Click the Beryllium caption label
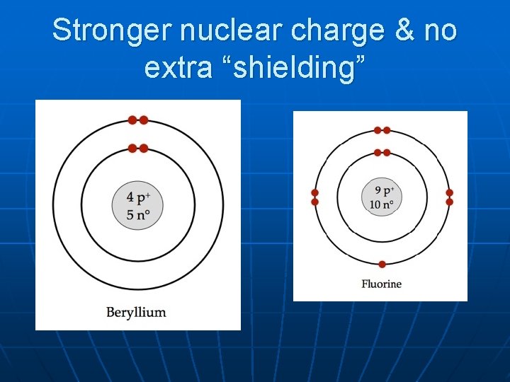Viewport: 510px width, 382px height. (x=136, y=312)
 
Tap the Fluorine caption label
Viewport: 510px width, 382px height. (x=381, y=284)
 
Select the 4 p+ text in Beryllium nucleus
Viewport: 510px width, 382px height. (x=138, y=197)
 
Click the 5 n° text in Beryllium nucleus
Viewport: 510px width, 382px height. (x=138, y=214)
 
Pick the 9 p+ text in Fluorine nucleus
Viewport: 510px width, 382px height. (x=382, y=191)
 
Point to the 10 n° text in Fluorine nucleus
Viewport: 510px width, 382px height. (x=382, y=205)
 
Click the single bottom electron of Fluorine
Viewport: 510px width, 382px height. (x=382, y=265)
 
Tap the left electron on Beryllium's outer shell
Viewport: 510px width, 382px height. (x=132, y=120)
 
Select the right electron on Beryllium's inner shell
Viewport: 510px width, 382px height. (x=144, y=149)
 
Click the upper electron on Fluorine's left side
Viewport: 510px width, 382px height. (x=315, y=192)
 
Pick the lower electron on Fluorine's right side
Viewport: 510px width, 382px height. (x=449, y=202)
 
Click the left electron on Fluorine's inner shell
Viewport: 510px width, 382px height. (x=378, y=153)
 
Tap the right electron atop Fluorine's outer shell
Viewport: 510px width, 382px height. (x=387, y=130)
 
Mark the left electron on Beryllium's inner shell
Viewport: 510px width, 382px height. (x=132, y=149)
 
